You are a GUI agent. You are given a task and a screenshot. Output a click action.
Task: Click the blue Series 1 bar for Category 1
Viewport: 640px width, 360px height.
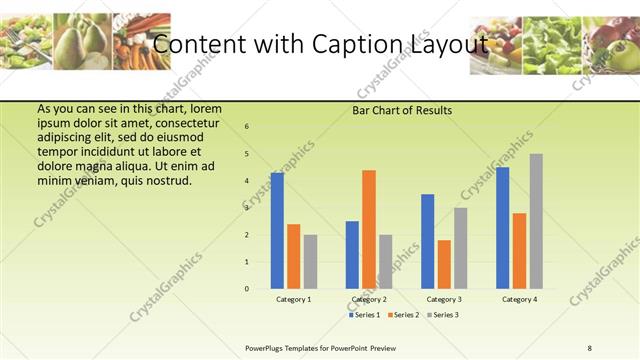tap(277, 231)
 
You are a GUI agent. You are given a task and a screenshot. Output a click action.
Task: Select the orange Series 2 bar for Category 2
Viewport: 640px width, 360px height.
tap(369, 229)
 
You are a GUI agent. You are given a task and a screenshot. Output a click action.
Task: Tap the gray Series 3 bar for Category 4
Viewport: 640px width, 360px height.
tap(536, 221)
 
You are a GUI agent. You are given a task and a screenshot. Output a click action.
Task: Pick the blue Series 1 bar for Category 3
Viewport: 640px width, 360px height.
tap(428, 241)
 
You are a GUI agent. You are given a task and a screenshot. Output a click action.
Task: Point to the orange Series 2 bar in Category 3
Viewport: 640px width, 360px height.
tap(444, 264)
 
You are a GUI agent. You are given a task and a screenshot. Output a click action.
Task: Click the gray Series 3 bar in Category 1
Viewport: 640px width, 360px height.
tap(310, 262)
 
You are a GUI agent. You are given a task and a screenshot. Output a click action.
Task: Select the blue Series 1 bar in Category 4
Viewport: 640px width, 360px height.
tap(503, 228)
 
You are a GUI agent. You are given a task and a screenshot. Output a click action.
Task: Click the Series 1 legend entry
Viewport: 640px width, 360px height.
tap(363, 315)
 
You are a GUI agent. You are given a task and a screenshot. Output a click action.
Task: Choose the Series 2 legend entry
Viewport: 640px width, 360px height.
tap(402, 315)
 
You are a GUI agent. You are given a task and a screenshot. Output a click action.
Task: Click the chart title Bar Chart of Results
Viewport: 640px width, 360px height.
tap(402, 110)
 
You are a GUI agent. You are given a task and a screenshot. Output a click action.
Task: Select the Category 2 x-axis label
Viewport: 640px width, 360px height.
tap(369, 299)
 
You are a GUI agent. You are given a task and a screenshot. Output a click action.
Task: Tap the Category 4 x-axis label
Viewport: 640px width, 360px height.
tap(519, 299)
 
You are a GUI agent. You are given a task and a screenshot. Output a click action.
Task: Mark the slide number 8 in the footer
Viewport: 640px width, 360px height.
tap(589, 347)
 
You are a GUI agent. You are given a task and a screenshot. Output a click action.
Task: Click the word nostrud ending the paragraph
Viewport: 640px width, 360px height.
tap(167, 181)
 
